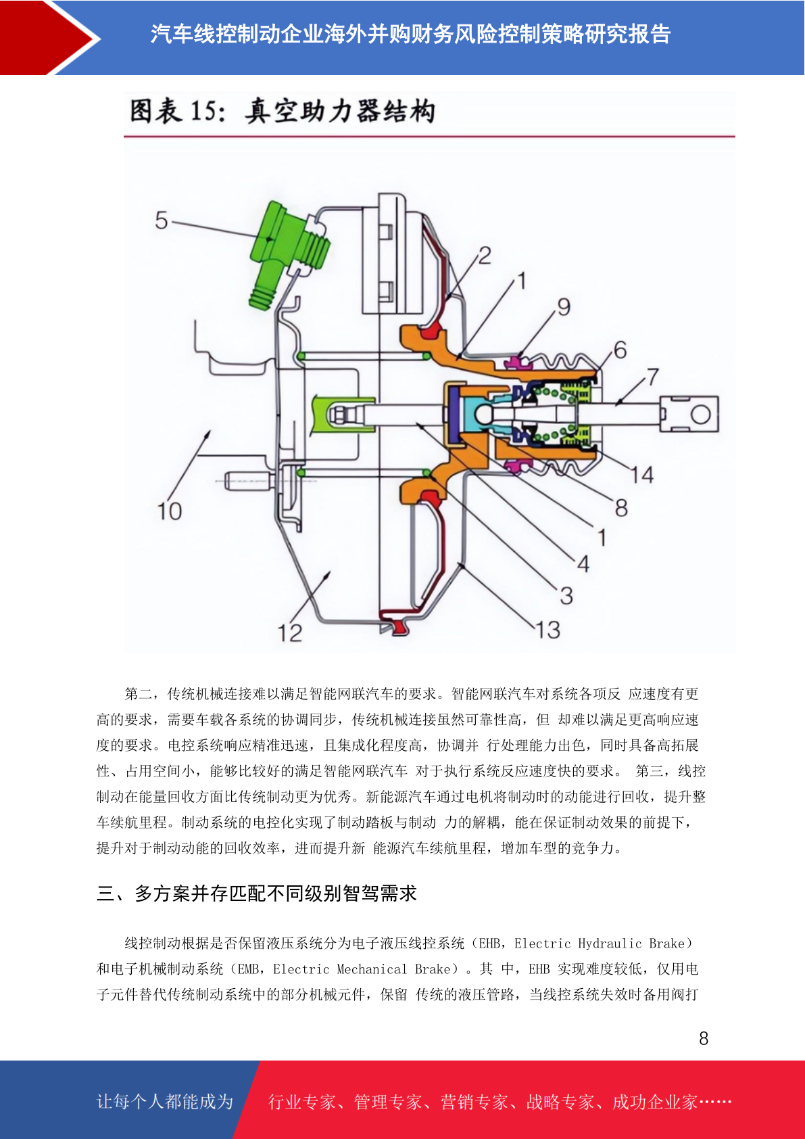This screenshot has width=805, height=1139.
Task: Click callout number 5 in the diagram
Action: click(x=162, y=220)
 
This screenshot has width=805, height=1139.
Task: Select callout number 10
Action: click(x=169, y=511)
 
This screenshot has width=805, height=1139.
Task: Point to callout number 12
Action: click(x=290, y=633)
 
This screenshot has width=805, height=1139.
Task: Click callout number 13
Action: click(x=548, y=630)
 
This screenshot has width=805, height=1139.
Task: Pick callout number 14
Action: click(x=642, y=475)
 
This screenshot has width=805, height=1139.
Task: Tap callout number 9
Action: click(x=564, y=306)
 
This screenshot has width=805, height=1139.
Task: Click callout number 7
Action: click(x=653, y=377)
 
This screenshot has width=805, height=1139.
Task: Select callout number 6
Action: click(x=620, y=350)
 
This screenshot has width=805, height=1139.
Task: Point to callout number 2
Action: click(x=485, y=255)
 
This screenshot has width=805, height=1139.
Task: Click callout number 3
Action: click(x=566, y=595)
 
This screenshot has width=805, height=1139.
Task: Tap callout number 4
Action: click(x=583, y=564)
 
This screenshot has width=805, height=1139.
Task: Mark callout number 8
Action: click(x=621, y=507)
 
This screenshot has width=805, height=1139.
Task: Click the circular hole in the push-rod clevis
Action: click(x=700, y=415)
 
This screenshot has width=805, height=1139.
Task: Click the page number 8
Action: click(x=704, y=1038)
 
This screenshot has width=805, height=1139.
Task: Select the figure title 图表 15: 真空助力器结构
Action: click(x=283, y=112)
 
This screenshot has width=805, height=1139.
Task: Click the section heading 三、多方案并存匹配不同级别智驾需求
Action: click(x=257, y=893)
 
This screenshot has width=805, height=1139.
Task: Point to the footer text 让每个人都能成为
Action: click(x=165, y=1101)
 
